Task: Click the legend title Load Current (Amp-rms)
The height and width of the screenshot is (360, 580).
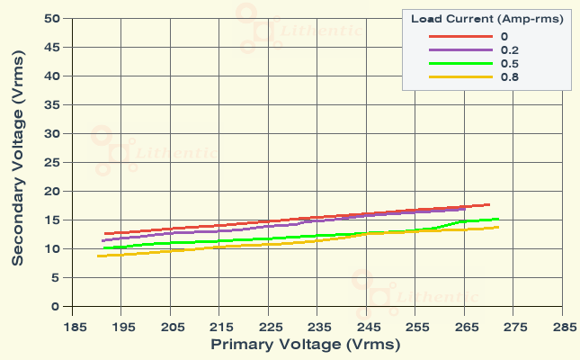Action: tap(486, 19)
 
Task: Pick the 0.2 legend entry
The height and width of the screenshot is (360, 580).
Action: tap(508, 49)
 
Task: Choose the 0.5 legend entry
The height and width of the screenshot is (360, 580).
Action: tap(508, 63)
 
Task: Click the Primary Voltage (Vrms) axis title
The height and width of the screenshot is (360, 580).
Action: tap(305, 344)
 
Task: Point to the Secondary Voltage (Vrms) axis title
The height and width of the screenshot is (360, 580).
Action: tap(17, 164)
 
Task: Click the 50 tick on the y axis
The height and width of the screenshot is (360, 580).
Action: tap(51, 18)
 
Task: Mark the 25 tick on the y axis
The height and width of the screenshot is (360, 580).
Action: tap(51, 162)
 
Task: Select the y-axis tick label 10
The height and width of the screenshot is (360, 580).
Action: tap(51, 248)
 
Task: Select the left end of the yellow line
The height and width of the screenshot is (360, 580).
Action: tap(98, 256)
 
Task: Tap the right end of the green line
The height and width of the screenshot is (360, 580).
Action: tap(499, 219)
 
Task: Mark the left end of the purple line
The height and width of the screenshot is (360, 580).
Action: tap(103, 240)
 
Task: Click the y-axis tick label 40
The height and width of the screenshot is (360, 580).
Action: tap(51, 76)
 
